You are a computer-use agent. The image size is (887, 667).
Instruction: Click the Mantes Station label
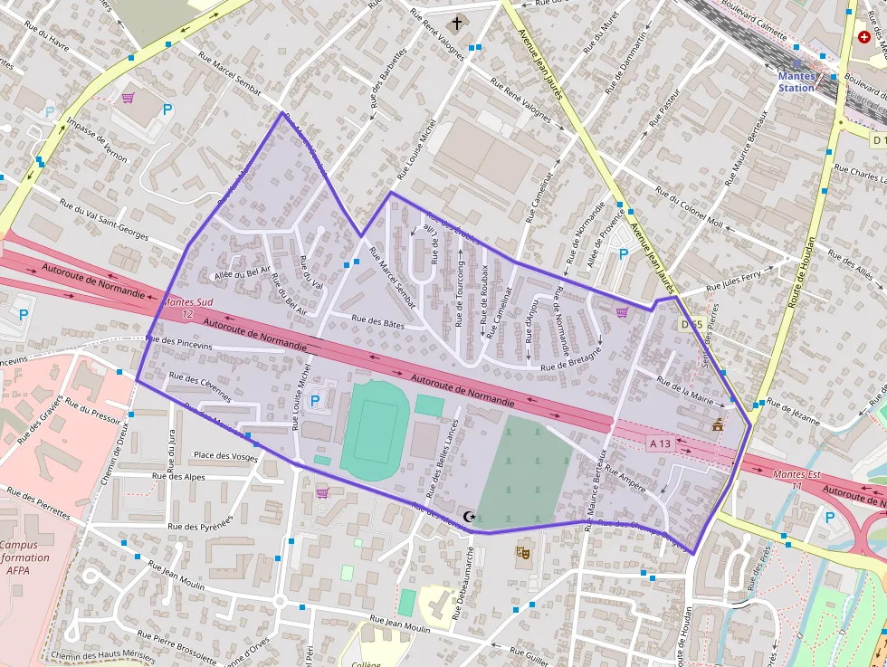796,81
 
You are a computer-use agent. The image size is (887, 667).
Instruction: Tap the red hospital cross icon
863,38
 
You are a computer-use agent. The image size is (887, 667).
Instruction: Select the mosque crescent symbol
469,517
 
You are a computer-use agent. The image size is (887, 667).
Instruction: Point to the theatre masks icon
522,551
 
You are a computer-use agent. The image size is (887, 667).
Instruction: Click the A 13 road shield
660,443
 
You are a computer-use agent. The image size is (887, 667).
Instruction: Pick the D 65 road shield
692,324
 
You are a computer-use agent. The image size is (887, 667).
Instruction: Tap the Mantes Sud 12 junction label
187,309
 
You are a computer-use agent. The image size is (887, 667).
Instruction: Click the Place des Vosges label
224,455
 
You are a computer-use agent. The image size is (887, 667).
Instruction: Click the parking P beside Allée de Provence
623,254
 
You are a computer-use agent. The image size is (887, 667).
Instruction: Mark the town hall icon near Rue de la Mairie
718,424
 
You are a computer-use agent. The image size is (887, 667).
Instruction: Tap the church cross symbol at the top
456,23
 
